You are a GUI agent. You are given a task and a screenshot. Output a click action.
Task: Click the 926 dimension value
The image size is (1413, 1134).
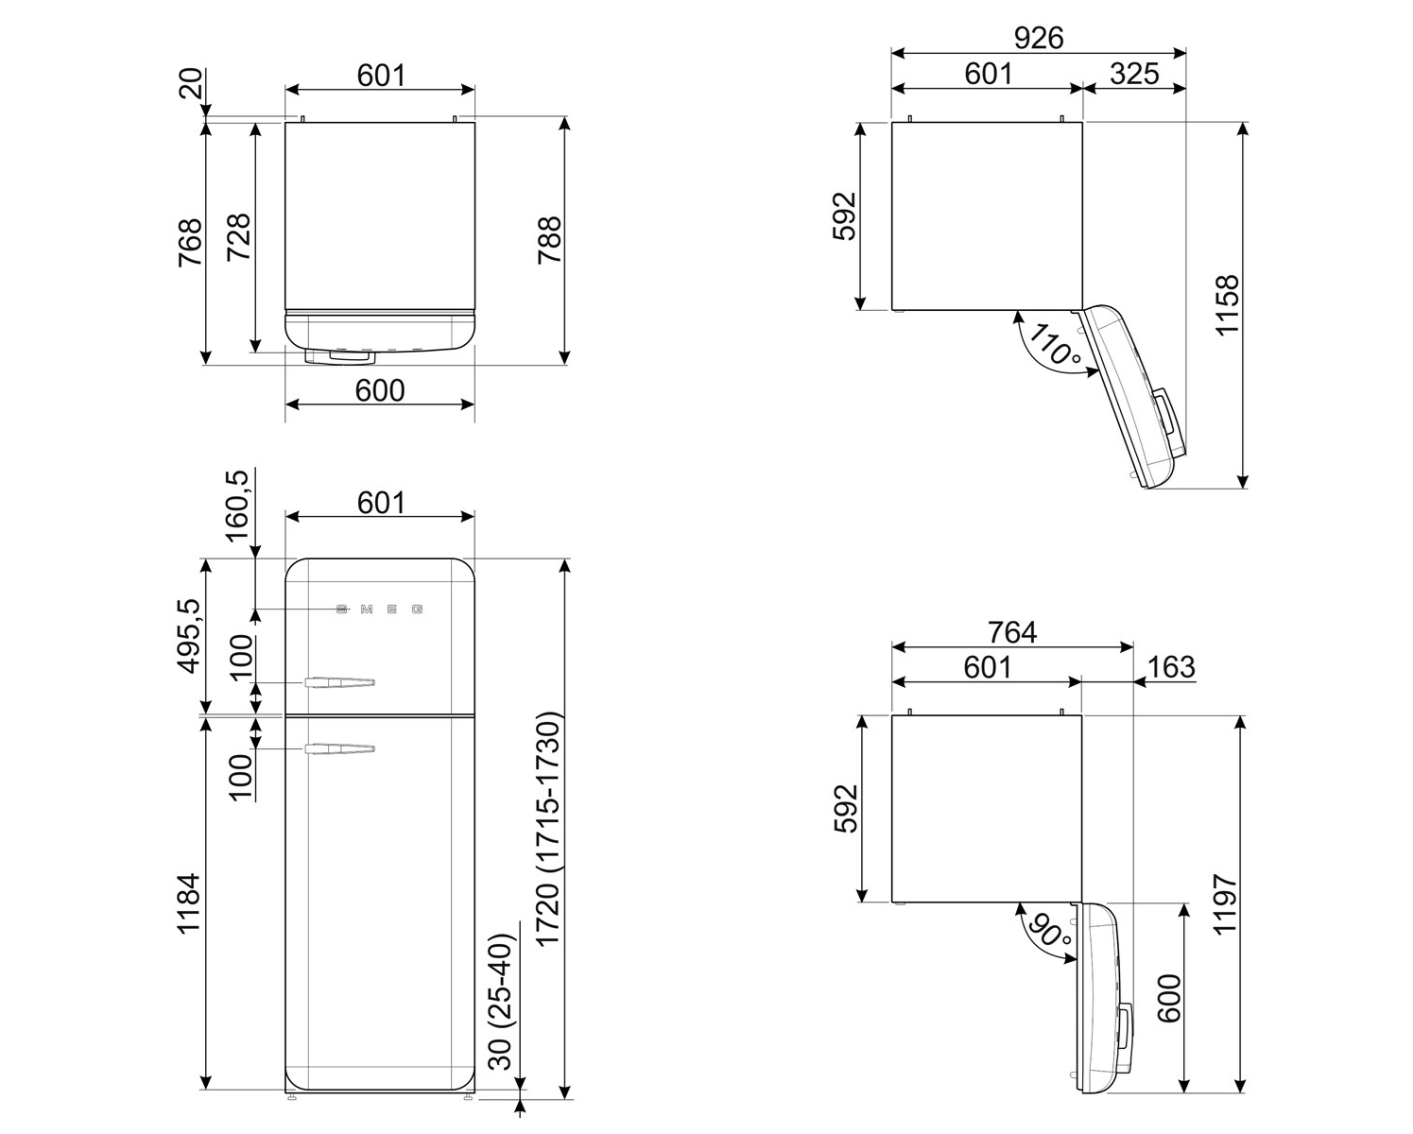click(1038, 38)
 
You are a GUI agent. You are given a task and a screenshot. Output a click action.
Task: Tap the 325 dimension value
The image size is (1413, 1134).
click(1134, 74)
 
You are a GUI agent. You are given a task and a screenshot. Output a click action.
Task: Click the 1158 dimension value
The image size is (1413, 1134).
click(1227, 305)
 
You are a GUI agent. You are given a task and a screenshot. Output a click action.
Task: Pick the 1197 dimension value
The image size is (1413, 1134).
click(1225, 903)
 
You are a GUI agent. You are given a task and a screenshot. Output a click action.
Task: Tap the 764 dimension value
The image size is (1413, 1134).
click(1012, 632)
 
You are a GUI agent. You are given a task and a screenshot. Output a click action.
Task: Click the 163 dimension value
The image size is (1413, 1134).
click(1171, 667)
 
